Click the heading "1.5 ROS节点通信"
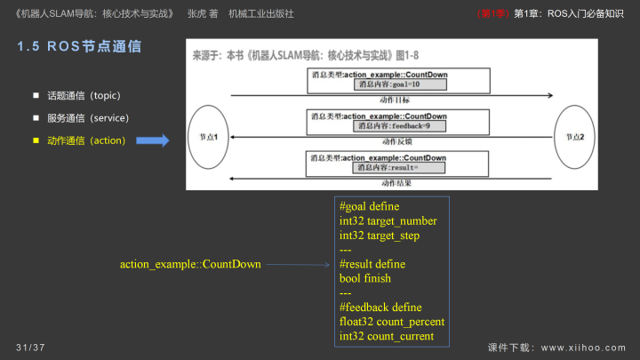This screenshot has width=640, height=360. pos(79,47)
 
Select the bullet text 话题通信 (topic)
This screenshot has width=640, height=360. pos(83,95)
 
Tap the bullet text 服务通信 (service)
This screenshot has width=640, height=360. pos(87,117)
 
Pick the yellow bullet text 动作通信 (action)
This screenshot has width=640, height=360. pos(85,140)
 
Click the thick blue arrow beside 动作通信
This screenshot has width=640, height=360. pos(153,140)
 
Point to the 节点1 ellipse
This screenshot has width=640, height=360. pos(209,137)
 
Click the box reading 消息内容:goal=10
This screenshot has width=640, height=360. pos(388,84)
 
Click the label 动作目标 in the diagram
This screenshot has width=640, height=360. pos(396,100)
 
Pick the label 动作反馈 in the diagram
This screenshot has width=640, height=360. pos(396,141)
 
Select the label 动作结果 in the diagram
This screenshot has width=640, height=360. pos(396,182)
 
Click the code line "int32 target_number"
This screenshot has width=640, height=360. pos(388,220)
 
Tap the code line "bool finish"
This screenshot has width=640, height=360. pos(364,278)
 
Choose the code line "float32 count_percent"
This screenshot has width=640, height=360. pos(391,321)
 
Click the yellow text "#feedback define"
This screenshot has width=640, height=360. pos(380,307)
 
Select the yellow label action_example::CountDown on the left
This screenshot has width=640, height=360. pos(190,264)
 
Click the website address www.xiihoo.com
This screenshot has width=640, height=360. pos(583,347)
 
